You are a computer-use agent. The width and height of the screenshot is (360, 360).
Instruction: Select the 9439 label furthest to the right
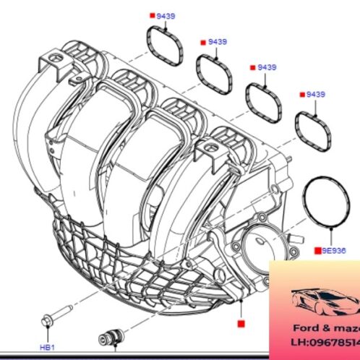click(316, 95)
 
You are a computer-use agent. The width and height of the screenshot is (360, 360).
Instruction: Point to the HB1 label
click(47, 347)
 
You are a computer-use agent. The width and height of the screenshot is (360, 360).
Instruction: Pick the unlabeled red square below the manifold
click(241, 324)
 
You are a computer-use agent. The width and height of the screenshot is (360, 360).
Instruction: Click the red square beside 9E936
click(316, 250)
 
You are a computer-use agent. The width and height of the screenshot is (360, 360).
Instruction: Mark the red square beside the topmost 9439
click(152, 15)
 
